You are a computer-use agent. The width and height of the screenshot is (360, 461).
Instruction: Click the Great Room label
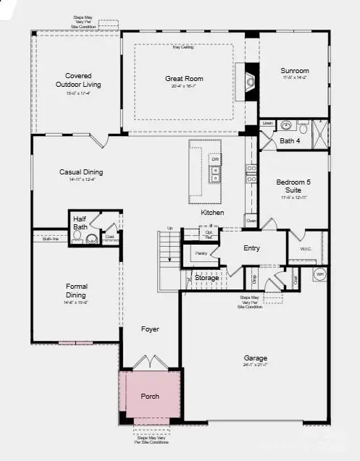(x=184, y=78)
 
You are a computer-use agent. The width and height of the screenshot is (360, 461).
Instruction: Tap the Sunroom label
(x=295, y=71)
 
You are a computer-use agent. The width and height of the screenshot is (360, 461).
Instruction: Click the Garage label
(x=255, y=358)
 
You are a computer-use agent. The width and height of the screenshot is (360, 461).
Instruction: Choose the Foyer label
(x=150, y=329)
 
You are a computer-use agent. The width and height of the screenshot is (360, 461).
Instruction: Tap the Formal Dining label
(x=76, y=290)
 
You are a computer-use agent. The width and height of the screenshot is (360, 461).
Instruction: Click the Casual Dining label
(x=81, y=172)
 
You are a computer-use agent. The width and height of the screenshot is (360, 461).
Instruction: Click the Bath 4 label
(x=290, y=140)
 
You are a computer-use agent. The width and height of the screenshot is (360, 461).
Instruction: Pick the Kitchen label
(x=213, y=213)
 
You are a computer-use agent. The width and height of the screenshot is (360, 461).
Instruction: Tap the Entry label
(x=251, y=248)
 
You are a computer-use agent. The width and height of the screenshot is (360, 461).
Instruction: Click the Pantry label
(x=201, y=253)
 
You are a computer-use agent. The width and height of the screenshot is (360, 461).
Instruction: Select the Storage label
(x=206, y=277)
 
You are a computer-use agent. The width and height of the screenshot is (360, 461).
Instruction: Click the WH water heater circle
(x=320, y=274)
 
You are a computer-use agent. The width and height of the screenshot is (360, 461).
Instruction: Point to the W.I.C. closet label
(x=305, y=248)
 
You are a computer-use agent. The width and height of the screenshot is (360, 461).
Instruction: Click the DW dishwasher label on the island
(x=215, y=159)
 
